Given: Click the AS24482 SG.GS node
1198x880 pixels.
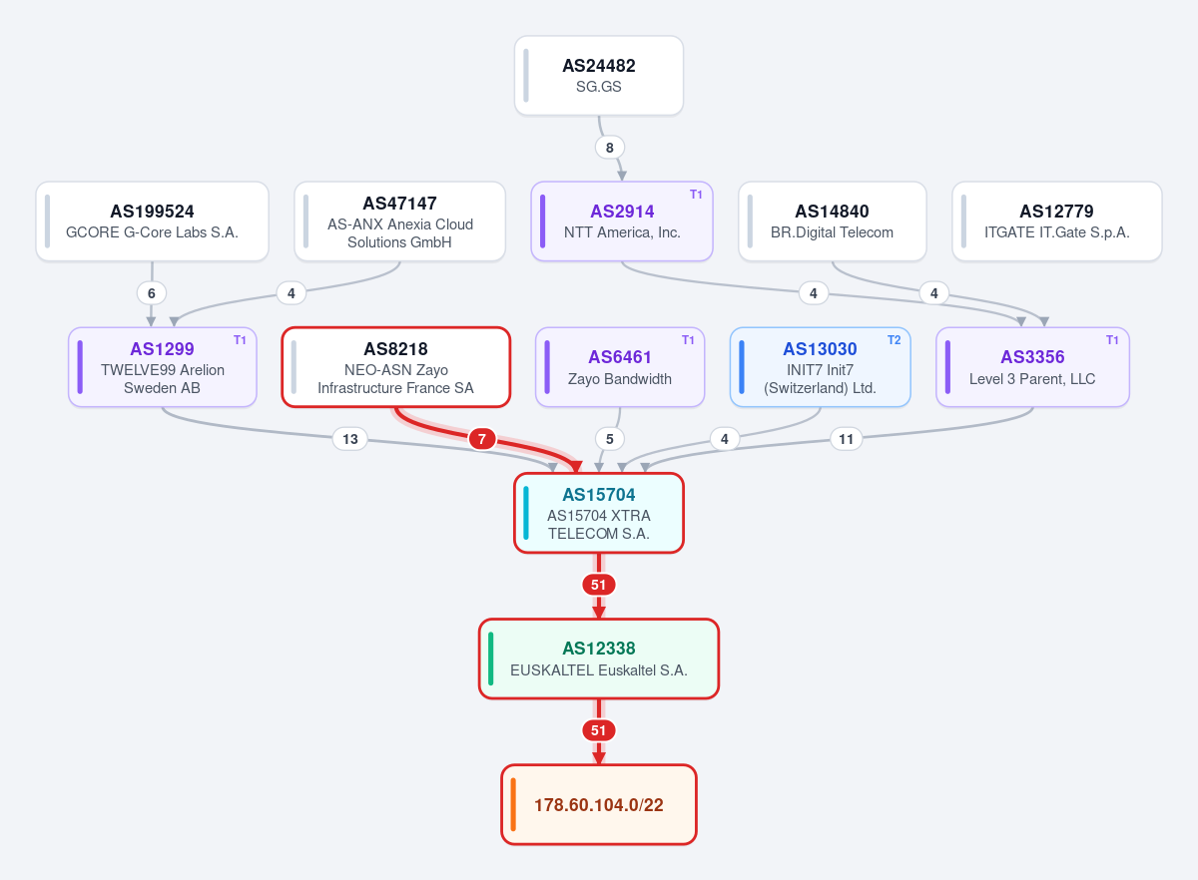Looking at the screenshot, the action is pos(598,76).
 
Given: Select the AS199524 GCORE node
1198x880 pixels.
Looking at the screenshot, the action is pos(152,221).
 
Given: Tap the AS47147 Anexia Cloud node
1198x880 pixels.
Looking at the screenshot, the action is pos(399,221).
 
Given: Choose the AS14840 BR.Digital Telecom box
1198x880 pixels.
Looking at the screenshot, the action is pos(832,221).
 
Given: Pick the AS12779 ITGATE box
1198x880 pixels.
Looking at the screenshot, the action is pos(1057,221).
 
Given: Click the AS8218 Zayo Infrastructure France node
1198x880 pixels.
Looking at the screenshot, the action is pos(395,367).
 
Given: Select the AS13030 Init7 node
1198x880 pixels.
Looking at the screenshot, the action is pos(820,367).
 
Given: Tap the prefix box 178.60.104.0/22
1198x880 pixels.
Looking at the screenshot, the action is pos(598,804).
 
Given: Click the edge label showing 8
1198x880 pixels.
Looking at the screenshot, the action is pos(610,148).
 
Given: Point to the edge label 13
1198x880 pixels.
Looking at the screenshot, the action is pos(350,439).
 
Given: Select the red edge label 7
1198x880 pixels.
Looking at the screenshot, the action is pos(482,439).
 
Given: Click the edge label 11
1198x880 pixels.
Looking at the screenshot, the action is pos(847,439).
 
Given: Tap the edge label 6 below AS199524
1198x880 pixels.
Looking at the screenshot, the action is pos(152,293).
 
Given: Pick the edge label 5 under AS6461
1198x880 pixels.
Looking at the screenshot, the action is pos(610,439).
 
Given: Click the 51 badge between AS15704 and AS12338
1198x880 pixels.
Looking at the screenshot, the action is pos(598,585).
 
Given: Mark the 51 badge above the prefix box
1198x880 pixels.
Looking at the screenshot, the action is pos(598,730).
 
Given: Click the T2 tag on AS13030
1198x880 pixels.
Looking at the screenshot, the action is pos(894,340).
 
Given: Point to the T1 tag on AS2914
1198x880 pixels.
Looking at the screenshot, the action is pos(696,195).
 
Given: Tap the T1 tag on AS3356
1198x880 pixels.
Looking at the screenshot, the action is pos(1112,340).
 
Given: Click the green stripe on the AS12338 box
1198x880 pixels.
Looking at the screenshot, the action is pos(491,659).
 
